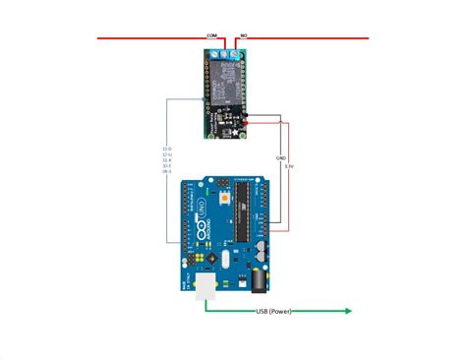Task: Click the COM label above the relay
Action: pyautogui.click(x=210, y=34)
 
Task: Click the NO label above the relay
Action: pyautogui.click(x=243, y=34)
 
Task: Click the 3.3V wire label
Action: pyautogui.click(x=288, y=167)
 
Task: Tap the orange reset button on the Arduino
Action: pyautogui.click(x=228, y=198)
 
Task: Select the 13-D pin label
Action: pyautogui.click(x=165, y=148)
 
